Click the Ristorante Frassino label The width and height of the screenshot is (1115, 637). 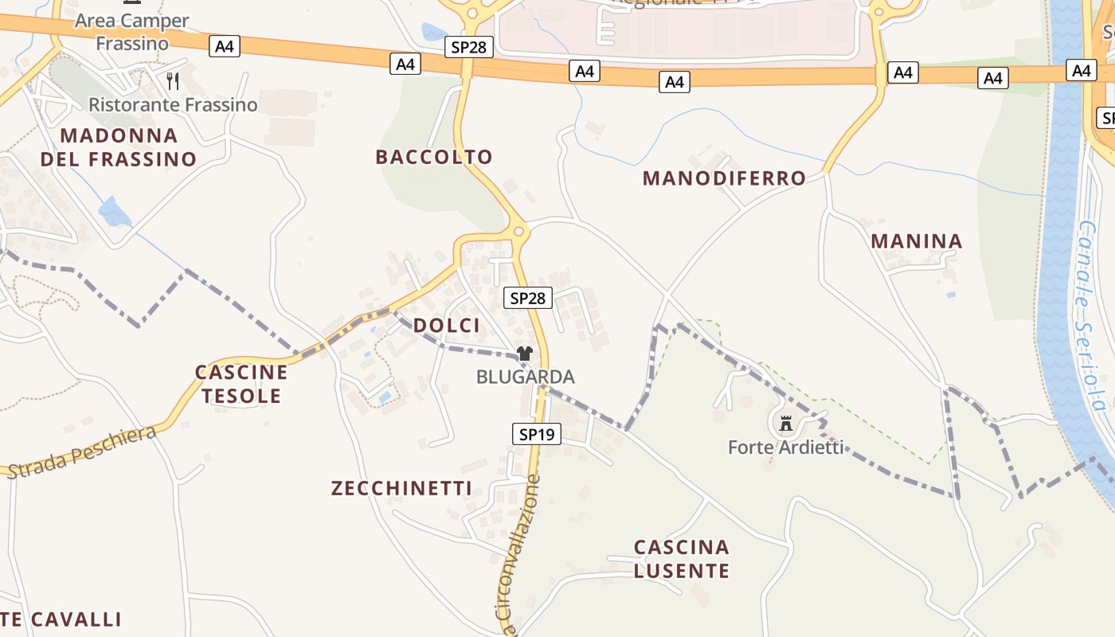(x=173, y=104)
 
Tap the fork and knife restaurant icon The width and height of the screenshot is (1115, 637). (x=173, y=80)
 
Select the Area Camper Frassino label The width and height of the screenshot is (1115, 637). (x=132, y=32)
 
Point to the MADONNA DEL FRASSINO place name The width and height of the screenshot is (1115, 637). (x=119, y=147)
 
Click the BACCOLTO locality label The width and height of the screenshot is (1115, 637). (x=434, y=157)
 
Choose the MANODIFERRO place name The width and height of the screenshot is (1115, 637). (x=724, y=178)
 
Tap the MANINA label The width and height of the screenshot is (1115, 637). (x=917, y=241)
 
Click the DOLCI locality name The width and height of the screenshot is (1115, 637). (x=447, y=325)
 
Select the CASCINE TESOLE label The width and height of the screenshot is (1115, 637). (x=241, y=384)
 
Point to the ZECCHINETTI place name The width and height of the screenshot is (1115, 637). (x=401, y=488)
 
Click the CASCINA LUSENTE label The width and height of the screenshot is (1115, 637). (x=682, y=559)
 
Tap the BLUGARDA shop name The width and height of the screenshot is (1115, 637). (x=525, y=377)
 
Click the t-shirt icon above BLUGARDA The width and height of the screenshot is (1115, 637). (x=524, y=354)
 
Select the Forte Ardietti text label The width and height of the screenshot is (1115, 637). (x=785, y=447)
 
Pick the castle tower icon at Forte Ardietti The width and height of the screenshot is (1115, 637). (x=786, y=424)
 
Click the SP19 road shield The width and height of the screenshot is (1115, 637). (x=536, y=434)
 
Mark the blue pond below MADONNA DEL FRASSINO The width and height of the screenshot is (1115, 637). (x=115, y=213)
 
